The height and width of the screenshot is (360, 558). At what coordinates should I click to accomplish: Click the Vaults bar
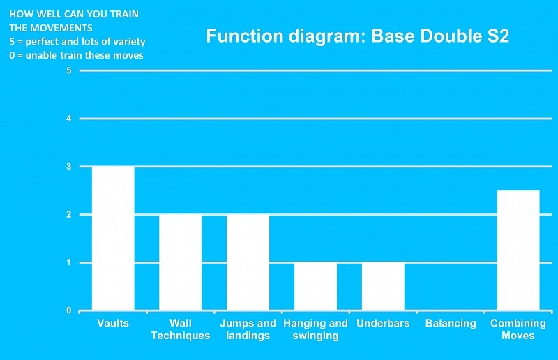coord(113,238)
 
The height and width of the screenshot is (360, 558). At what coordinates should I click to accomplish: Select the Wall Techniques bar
coord(181,262)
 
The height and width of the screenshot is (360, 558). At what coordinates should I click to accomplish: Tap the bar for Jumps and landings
coord(248,262)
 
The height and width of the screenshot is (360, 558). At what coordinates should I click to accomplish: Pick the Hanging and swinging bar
coord(316,286)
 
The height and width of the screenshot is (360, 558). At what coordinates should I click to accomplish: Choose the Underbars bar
coord(383,286)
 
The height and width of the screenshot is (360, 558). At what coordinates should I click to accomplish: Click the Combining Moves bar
coord(518,250)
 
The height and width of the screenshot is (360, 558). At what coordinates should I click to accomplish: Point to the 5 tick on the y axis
coord(68,70)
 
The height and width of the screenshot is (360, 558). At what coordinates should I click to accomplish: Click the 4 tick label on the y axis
coord(68,119)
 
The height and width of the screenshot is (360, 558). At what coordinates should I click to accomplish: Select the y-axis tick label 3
coord(68,167)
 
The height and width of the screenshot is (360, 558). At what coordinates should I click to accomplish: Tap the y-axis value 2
coord(68,215)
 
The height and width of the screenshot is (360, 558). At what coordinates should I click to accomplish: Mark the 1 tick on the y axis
coord(68,263)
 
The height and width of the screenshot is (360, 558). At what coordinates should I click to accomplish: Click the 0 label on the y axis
coord(68,310)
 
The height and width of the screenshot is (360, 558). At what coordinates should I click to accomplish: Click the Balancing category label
coord(451,323)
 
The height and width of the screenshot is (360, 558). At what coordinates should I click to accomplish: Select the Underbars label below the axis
coord(383,323)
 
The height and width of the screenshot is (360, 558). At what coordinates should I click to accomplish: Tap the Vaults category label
coord(113,323)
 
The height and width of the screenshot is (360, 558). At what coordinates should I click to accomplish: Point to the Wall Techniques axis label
coord(181,329)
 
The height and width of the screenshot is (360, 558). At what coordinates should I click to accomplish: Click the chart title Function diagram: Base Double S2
coord(357,36)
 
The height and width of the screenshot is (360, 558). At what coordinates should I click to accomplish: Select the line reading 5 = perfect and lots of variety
coord(77,42)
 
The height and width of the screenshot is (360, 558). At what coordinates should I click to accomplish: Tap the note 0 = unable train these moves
coord(76,55)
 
